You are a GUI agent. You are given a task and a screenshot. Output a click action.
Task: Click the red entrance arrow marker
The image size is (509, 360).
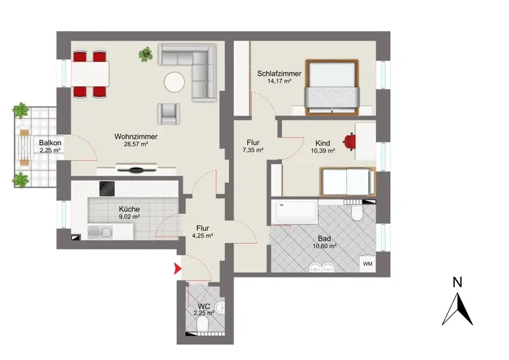coord(178,268)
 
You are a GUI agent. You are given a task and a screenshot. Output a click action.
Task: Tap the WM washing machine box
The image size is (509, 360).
coord(368,263)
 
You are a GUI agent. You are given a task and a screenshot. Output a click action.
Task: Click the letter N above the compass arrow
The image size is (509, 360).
coord(457,283)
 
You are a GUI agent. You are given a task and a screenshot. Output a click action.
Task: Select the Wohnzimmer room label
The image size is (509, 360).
coord(136,137)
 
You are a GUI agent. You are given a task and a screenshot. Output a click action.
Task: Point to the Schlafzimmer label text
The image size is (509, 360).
coord(279,74)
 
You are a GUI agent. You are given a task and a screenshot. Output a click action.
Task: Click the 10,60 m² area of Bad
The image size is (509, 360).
coord(324,246)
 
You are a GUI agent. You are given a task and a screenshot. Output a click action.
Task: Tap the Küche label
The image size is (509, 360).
coord(129,209)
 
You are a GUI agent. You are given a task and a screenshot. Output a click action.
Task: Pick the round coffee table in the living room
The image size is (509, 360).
coord(174,82)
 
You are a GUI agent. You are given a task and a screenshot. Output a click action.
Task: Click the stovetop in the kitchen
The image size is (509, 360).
coord(107,189)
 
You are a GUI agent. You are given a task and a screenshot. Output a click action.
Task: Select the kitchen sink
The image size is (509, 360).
coord(100,232)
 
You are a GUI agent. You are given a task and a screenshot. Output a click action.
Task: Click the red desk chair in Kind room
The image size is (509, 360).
coord(349,142)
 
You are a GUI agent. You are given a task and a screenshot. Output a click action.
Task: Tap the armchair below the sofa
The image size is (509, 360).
coord(169,114)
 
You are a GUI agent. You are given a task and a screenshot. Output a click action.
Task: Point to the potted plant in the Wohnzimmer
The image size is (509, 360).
coord(146,54)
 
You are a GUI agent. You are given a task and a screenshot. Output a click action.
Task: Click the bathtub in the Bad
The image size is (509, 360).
coord(295,212)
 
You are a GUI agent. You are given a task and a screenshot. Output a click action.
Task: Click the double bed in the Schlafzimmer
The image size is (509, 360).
coord(332,87)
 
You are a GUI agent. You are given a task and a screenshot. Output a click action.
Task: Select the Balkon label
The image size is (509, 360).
coord(50,142)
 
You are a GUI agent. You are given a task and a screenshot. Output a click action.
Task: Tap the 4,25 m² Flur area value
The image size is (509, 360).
coord(202,236)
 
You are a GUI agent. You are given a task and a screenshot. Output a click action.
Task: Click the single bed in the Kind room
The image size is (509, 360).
coord(347,181)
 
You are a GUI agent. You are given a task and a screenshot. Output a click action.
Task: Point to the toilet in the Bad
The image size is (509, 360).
coord(357,211)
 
